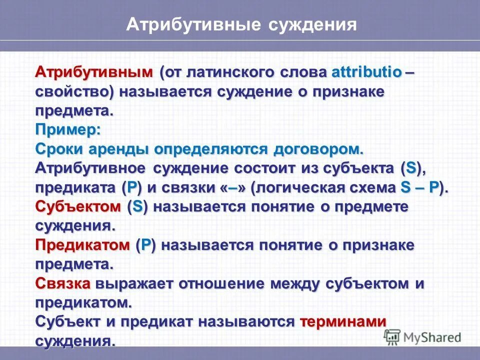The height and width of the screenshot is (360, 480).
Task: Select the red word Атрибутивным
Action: pyautogui.click(x=94, y=72)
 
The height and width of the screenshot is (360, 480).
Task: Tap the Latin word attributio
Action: pyautogui.click(x=366, y=72)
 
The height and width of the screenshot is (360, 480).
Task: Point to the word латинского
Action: pyautogui.click(x=233, y=72)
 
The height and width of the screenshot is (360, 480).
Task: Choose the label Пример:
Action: pyautogui.click(x=68, y=129)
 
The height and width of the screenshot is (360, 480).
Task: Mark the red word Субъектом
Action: pyautogui.click(x=78, y=206)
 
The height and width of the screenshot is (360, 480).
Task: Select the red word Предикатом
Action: pyautogui.click(x=82, y=245)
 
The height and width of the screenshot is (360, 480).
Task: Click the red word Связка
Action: pyautogui.click(x=63, y=283)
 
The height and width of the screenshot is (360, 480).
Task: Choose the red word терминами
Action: pyautogui.click(x=343, y=322)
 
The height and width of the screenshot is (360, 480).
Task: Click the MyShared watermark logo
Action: pyautogui.click(x=422, y=336)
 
